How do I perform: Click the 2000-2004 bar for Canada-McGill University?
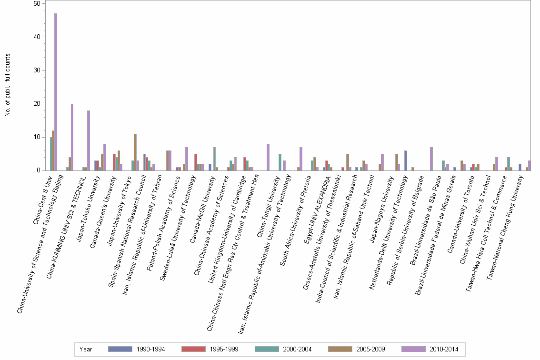coord(215,159)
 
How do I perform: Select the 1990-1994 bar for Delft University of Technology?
coord(406,160)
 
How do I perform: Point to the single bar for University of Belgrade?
coord(431,159)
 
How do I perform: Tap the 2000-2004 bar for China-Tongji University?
coord(280,162)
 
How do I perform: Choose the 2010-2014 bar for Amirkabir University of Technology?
coord(301,159)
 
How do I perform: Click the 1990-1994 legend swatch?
coord(120,349)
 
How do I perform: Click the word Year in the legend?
coord(86,349)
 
